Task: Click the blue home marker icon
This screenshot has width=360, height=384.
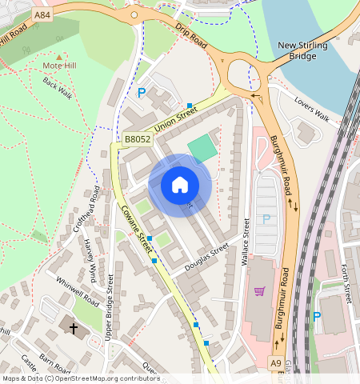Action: pyautogui.click(x=180, y=186)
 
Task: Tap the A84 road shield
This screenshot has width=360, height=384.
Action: pyautogui.click(x=43, y=14)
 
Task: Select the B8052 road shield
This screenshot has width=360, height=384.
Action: pyautogui.click(x=137, y=139)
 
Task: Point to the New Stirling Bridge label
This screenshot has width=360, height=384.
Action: pyautogui.click(x=302, y=51)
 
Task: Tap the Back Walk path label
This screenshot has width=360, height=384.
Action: pyautogui.click(x=57, y=89)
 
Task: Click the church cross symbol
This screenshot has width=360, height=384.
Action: pyautogui.click(x=74, y=328)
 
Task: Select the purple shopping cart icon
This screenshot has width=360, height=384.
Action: pyautogui.click(x=259, y=292)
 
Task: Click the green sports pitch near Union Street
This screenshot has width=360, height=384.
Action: pyautogui.click(x=202, y=147)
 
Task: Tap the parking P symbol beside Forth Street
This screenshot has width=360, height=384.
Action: pyautogui.click(x=316, y=317)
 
